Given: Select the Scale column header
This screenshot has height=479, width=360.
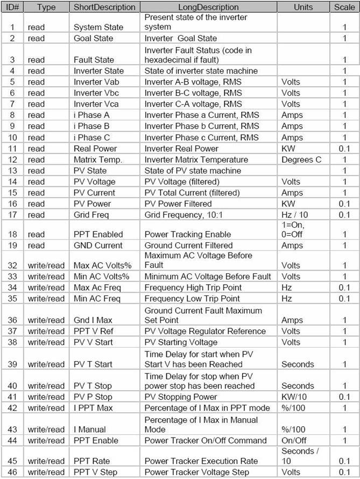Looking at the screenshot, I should pos(344,7).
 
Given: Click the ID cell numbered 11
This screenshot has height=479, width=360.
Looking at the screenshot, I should pos(11,149).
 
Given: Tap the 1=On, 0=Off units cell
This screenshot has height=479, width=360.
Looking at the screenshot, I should pos(295,229).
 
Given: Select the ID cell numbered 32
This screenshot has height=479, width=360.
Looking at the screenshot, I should pos(11,265).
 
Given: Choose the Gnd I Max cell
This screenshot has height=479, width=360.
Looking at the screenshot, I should pos(93,320).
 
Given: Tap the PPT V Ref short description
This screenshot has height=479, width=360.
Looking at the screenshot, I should pos(94,331).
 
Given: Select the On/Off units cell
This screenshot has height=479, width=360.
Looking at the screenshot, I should pos(293,441).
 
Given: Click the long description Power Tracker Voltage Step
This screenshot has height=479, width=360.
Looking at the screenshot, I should pos(197,473).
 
